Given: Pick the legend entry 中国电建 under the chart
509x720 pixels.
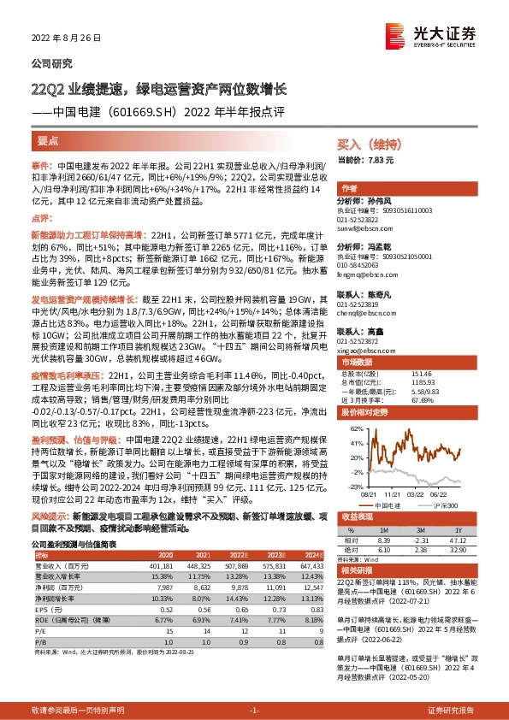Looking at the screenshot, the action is tap(385, 505).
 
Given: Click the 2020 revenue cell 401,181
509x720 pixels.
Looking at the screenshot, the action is tap(160, 565).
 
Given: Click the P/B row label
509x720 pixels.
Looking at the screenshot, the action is tap(40, 640).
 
